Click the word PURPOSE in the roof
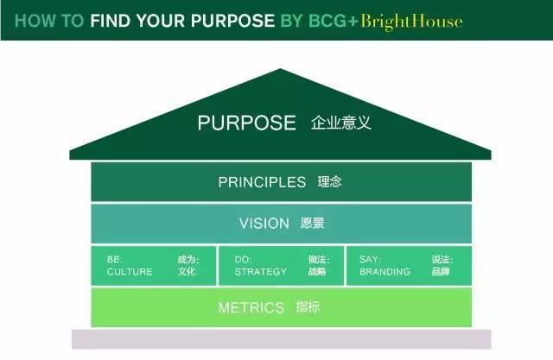[x=246, y=123]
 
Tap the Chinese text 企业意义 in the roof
[x=341, y=123]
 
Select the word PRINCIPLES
[x=262, y=182]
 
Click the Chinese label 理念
[x=330, y=182]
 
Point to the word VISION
[x=264, y=224]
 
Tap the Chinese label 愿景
[x=313, y=223]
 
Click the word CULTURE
[x=130, y=272]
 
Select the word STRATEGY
[x=261, y=272]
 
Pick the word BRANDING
[x=385, y=272]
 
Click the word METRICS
[x=251, y=307]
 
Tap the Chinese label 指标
[x=308, y=307]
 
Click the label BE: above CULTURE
[x=115, y=260]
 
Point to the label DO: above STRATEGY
[x=244, y=260]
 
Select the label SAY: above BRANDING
[x=371, y=260]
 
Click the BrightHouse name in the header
[x=411, y=21]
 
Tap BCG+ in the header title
[x=334, y=21]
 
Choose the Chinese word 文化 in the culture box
[x=187, y=271]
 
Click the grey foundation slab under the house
[x=282, y=339]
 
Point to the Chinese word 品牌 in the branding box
[x=441, y=271]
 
